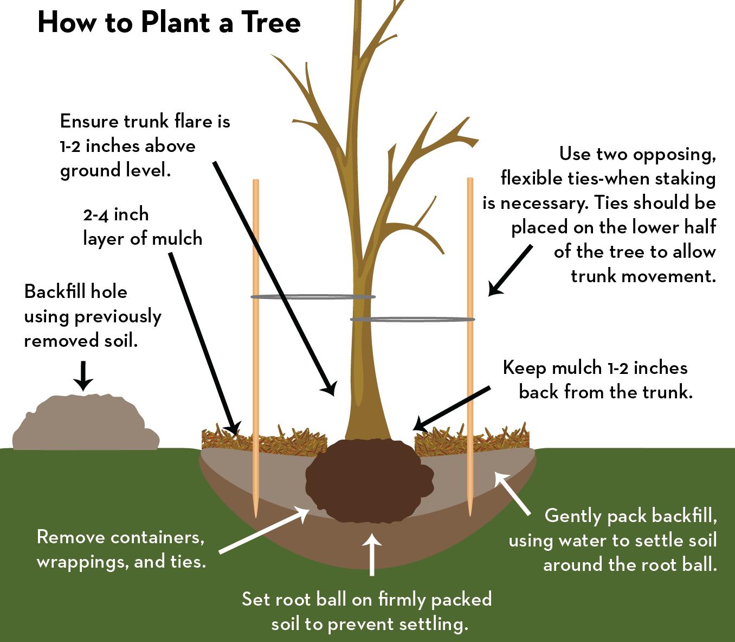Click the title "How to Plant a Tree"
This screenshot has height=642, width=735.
click(169, 23)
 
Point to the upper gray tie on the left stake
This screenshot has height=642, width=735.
click(313, 297)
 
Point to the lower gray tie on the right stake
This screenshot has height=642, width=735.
click(412, 319)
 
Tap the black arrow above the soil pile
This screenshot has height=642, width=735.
click(83, 374)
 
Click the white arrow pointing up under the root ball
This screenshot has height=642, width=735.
click(372, 554)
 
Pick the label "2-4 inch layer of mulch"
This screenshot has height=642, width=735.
click(142, 226)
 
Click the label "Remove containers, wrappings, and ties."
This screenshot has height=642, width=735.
click(121, 549)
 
